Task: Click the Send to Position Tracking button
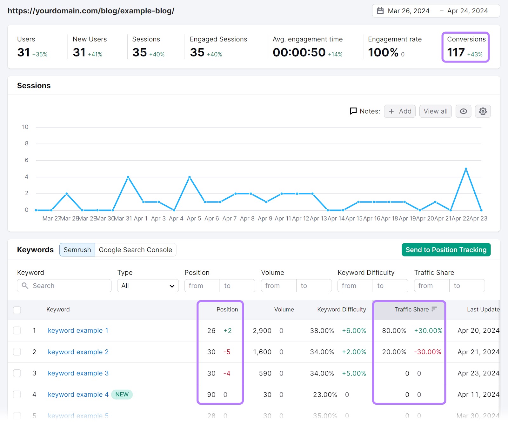(446, 250)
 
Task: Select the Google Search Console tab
(135, 250)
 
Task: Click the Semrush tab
(77, 250)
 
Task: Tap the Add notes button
(399, 111)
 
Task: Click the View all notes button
(435, 111)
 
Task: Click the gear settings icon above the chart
(483, 111)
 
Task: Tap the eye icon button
(463, 111)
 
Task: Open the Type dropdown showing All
(148, 286)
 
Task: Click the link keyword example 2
(78, 352)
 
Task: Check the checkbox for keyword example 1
(17, 330)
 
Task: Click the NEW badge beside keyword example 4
(122, 394)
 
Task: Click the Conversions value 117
(456, 52)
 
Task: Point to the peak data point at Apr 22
(466, 169)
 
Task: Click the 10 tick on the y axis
(25, 127)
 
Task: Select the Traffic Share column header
(411, 309)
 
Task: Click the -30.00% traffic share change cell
(427, 352)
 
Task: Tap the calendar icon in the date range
(380, 11)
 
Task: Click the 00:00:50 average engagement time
(299, 52)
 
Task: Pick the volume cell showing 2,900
(262, 331)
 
